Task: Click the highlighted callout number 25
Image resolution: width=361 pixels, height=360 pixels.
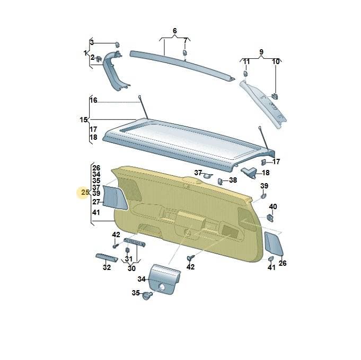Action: [85, 192]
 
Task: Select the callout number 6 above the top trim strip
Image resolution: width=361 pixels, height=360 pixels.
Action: [174, 31]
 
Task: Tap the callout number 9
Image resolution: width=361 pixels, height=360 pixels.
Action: [261, 52]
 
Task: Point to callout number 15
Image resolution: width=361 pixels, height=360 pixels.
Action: [84, 120]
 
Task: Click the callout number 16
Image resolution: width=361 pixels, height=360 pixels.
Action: [93, 100]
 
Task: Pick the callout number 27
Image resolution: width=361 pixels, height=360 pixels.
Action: [96, 202]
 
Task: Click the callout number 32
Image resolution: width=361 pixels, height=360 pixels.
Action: [107, 267]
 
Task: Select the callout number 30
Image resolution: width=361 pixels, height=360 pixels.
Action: [131, 268]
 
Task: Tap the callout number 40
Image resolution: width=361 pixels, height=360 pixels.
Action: [273, 206]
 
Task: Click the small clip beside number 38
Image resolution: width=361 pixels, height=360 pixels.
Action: [220, 181]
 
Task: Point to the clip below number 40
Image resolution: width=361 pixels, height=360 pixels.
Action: [270, 218]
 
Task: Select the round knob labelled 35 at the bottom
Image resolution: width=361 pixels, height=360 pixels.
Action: [147, 295]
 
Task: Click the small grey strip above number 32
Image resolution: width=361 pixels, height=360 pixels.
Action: [107, 257]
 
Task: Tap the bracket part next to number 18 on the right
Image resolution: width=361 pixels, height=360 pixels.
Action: [249, 173]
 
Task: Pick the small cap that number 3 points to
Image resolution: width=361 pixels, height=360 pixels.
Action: [117, 44]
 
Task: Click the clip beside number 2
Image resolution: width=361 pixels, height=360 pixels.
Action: [99, 59]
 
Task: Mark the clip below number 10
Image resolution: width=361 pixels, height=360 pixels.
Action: [275, 96]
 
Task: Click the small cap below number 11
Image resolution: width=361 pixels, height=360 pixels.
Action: [245, 74]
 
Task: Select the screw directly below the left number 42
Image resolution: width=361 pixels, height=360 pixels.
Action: [116, 246]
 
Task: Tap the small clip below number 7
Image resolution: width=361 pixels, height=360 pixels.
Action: [185, 52]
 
